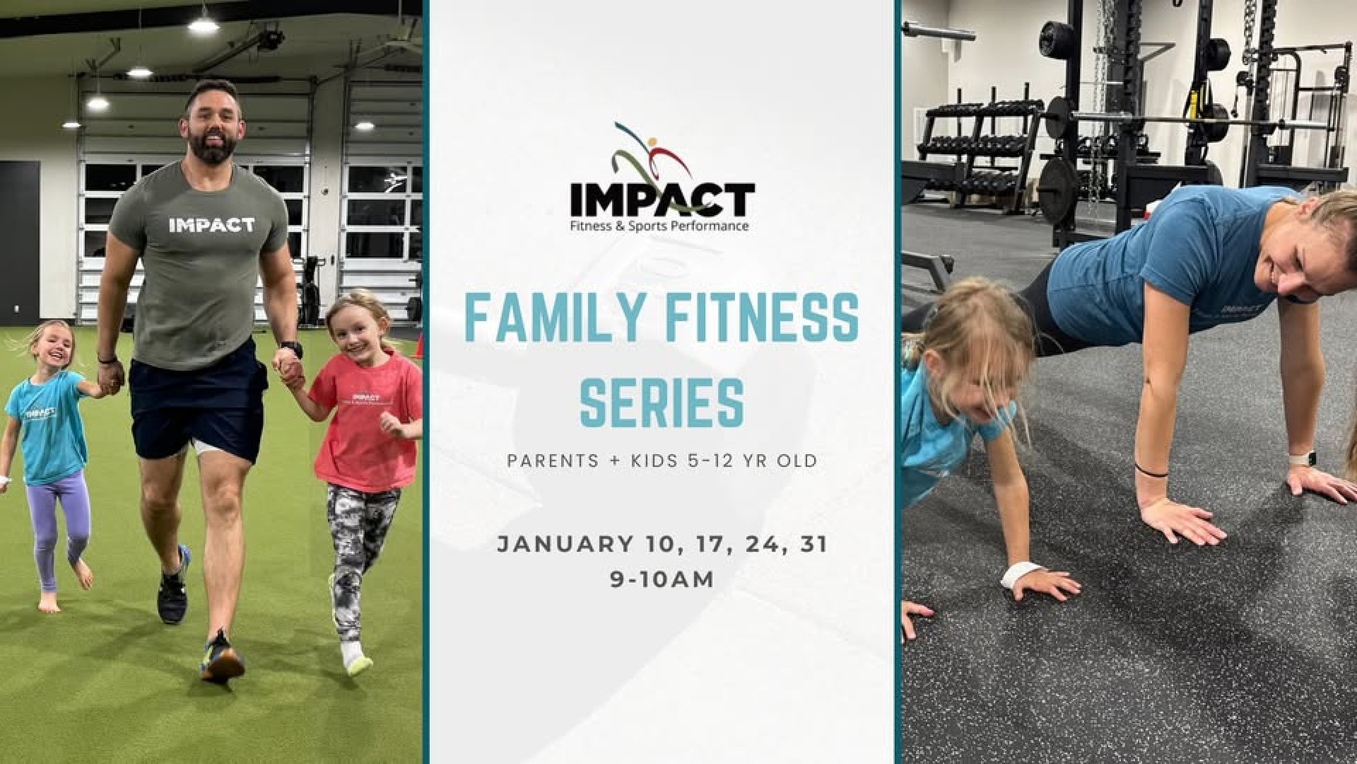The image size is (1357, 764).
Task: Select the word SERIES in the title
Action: [x=662, y=401]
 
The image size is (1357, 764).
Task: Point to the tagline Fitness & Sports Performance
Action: [x=662, y=226]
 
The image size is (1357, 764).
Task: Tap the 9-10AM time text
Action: [x=662, y=579]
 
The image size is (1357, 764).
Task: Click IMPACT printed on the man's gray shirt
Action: [x=211, y=225]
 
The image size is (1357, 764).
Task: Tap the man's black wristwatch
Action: [x=291, y=349]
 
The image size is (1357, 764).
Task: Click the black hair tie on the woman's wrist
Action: [x=1151, y=468]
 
